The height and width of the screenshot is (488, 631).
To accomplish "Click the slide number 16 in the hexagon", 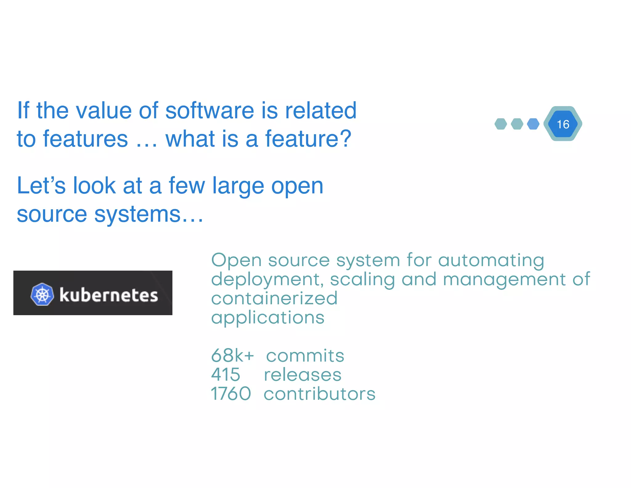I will pos(563,124).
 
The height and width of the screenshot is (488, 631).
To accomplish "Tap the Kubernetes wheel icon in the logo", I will pos(42,294).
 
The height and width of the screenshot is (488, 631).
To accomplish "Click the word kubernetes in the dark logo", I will pos(108,295).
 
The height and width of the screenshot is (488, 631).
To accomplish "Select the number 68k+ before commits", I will pos(232,355).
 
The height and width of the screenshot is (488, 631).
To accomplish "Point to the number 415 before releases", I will pos(226,374).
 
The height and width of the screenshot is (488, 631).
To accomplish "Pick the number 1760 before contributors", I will pos(231,394).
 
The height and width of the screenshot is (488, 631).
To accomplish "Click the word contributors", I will pos(320,394).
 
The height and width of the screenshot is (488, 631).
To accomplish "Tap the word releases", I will pos(303,375).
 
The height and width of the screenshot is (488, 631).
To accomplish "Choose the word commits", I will pos(305,356).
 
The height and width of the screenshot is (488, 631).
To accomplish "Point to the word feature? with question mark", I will pos(308,139).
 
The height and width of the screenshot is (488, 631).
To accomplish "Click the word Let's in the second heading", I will pos(41,186).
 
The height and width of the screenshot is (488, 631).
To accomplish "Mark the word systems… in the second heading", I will pos(149,214).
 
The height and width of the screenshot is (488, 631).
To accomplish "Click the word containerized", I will pos(274,298).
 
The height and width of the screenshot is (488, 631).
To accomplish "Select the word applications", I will pos(268,318).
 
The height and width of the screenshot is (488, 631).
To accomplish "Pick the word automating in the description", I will pos(491,260).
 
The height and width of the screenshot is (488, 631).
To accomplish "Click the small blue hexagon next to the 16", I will pos(533,124).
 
